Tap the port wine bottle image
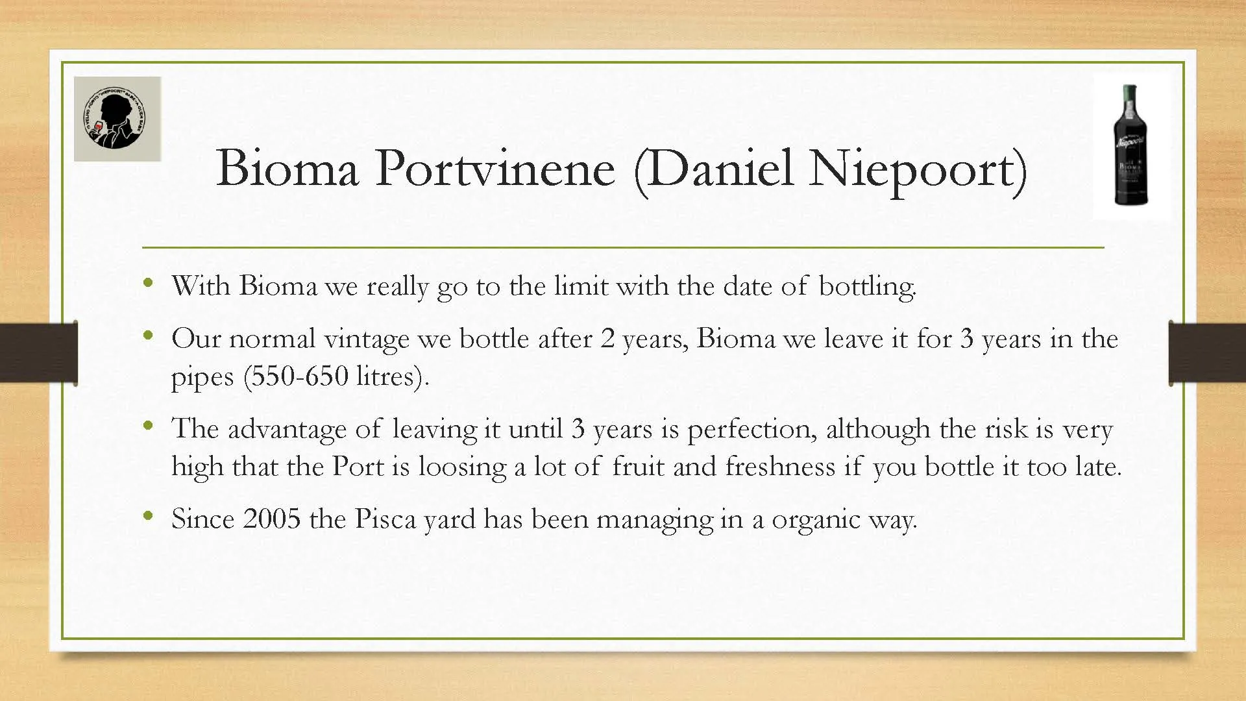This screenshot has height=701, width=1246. (1130, 145)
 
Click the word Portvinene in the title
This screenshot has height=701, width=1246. (495, 168)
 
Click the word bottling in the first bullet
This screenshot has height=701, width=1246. (867, 287)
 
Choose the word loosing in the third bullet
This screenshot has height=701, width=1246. (462, 468)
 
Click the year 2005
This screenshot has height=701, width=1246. (272, 519)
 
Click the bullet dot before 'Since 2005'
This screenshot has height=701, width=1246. (149, 517)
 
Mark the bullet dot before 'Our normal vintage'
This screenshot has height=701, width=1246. (149, 336)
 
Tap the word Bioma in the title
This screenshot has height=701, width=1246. (287, 168)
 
